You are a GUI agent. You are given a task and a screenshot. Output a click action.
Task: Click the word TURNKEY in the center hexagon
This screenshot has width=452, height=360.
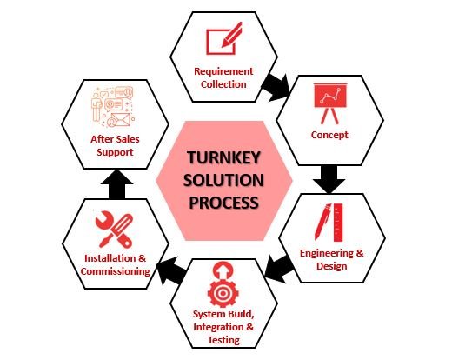pos(223,157)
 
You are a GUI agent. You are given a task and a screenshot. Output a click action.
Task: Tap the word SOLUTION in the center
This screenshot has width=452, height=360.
pos(223,180)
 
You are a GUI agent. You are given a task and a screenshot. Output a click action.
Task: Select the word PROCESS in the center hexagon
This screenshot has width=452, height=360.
pos(223,202)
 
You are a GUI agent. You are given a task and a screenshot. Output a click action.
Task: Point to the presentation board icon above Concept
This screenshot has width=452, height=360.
pos(329,103)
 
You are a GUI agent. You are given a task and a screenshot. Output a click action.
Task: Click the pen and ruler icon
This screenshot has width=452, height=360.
pos(329,223)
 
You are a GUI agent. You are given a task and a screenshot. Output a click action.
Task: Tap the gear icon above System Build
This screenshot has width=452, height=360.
pos(223,284)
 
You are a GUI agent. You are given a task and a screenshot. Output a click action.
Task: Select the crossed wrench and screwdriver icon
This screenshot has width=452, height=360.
pos(114,230)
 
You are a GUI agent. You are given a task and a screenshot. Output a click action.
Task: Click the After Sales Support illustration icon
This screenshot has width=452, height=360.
pos(113,107)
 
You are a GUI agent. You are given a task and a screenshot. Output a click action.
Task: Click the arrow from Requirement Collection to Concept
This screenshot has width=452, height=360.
pos(276,87)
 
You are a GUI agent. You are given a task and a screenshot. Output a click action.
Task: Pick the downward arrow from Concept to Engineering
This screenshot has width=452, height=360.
pos(329,179)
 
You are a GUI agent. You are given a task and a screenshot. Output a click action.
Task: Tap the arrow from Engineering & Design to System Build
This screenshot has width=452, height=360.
pos(279,270)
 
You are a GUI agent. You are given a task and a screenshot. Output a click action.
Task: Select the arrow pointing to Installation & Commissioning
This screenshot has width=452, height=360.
pos(171,271)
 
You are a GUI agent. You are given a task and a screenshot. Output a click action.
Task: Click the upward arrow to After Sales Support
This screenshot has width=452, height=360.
pos(116,184)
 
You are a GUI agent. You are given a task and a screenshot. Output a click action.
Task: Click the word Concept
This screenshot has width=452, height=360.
pos(329,135)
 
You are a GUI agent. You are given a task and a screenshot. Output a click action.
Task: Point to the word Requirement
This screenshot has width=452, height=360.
pos(223,71)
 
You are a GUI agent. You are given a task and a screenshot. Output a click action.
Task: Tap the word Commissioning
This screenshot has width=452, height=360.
pos(116,271)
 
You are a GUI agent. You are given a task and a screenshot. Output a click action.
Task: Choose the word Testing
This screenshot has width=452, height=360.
pos(223,340)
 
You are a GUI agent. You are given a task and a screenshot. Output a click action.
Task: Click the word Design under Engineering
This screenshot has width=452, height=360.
pos(331,266)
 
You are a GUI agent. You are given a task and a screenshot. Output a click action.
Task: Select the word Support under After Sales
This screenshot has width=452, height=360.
pos(115,152)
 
